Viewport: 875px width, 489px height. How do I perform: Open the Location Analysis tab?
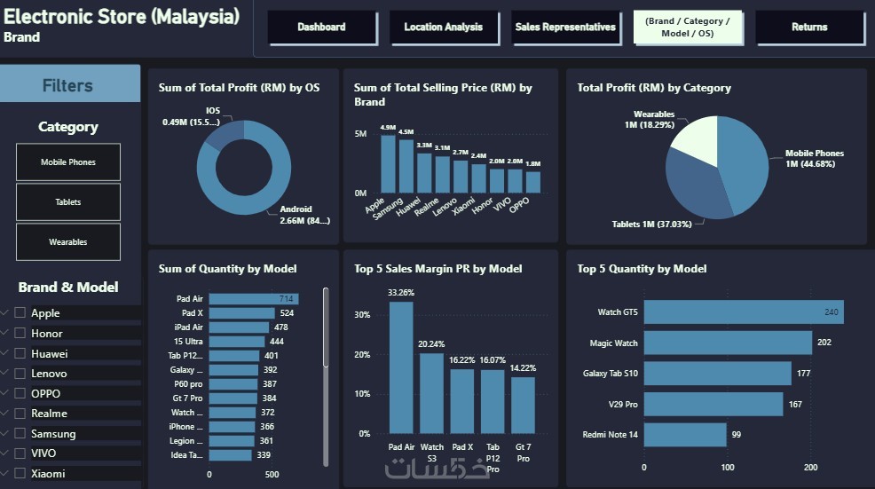click(x=443, y=28)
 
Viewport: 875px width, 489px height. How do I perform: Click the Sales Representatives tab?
click(x=565, y=28)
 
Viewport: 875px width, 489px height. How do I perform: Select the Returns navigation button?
click(x=809, y=28)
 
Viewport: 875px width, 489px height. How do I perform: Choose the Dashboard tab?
click(x=321, y=28)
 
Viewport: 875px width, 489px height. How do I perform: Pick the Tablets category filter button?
click(x=68, y=202)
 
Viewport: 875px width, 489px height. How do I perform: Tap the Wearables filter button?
click(x=68, y=241)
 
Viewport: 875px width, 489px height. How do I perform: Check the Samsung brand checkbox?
click(x=20, y=433)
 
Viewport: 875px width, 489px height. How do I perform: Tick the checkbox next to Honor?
click(x=20, y=333)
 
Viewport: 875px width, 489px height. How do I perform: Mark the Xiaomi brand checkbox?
click(x=20, y=473)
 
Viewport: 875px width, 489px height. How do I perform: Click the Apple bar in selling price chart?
click(x=388, y=164)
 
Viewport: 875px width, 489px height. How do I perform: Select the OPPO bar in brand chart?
click(x=532, y=182)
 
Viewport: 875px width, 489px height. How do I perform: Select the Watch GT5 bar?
click(x=743, y=312)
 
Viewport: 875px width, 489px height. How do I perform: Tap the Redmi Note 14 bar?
click(x=684, y=434)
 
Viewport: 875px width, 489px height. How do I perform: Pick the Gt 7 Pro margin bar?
click(x=523, y=405)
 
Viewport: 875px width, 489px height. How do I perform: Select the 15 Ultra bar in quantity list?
click(x=237, y=341)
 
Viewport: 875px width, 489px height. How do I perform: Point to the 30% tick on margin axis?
click(x=362, y=314)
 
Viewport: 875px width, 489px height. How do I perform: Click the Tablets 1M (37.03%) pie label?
click(x=651, y=224)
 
